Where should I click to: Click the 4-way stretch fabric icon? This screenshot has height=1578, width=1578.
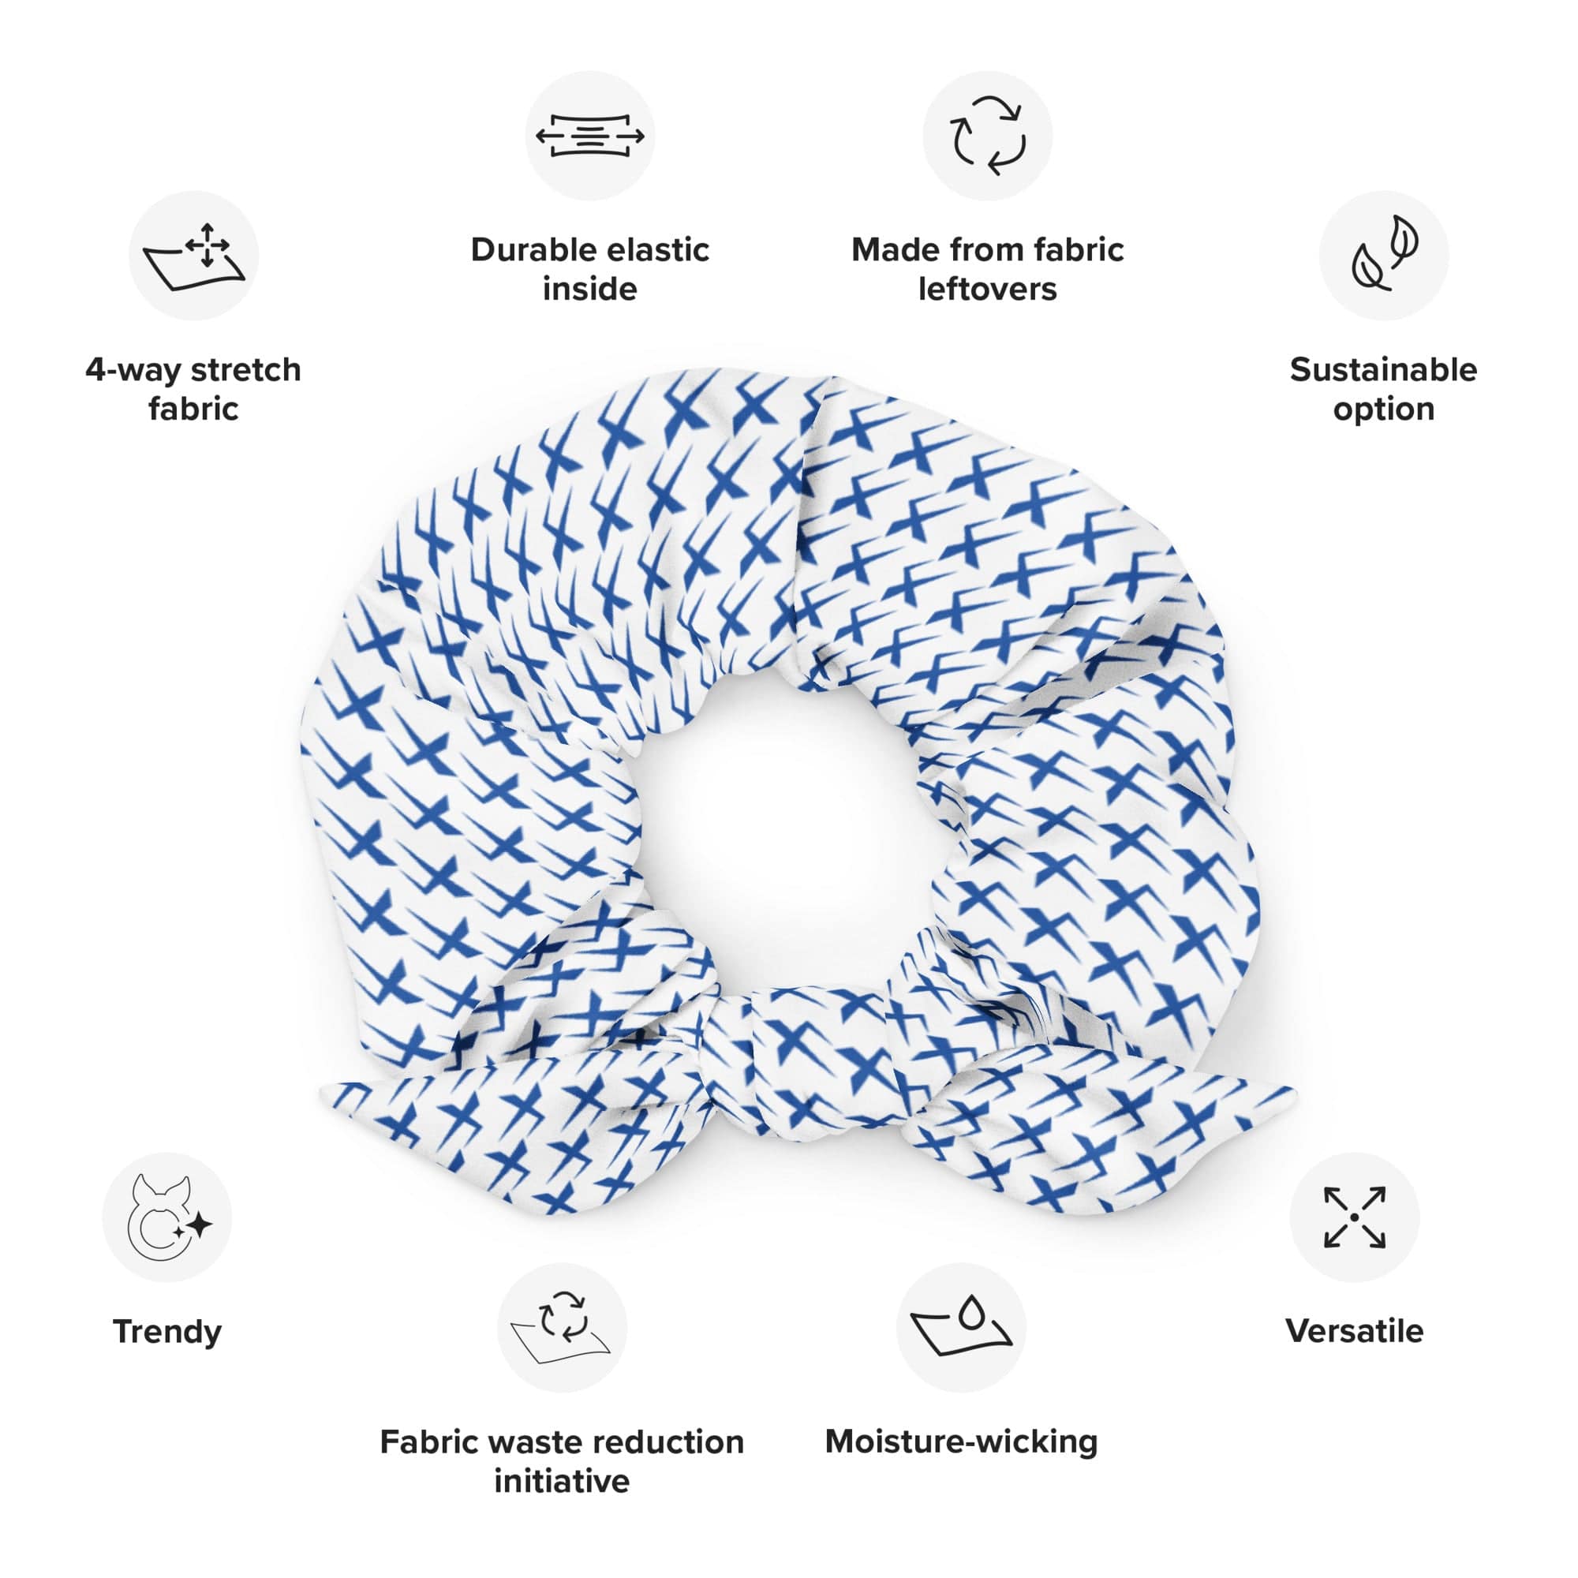click(x=193, y=256)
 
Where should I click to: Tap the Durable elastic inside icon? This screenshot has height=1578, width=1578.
click(x=589, y=136)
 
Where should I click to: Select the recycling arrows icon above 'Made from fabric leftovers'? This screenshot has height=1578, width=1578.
click(x=988, y=136)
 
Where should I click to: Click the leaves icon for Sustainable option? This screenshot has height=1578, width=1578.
click(x=1384, y=256)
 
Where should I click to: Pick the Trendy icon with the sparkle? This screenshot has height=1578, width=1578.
click(x=167, y=1217)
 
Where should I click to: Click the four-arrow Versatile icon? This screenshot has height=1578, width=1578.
click(x=1354, y=1217)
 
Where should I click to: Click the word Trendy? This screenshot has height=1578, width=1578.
click(x=167, y=1332)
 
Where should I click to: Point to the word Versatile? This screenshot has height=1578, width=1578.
click(x=1354, y=1332)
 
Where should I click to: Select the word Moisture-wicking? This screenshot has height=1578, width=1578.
click(x=961, y=1442)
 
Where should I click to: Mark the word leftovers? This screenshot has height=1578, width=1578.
click(x=988, y=289)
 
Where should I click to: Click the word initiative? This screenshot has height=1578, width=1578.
click(x=562, y=1481)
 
